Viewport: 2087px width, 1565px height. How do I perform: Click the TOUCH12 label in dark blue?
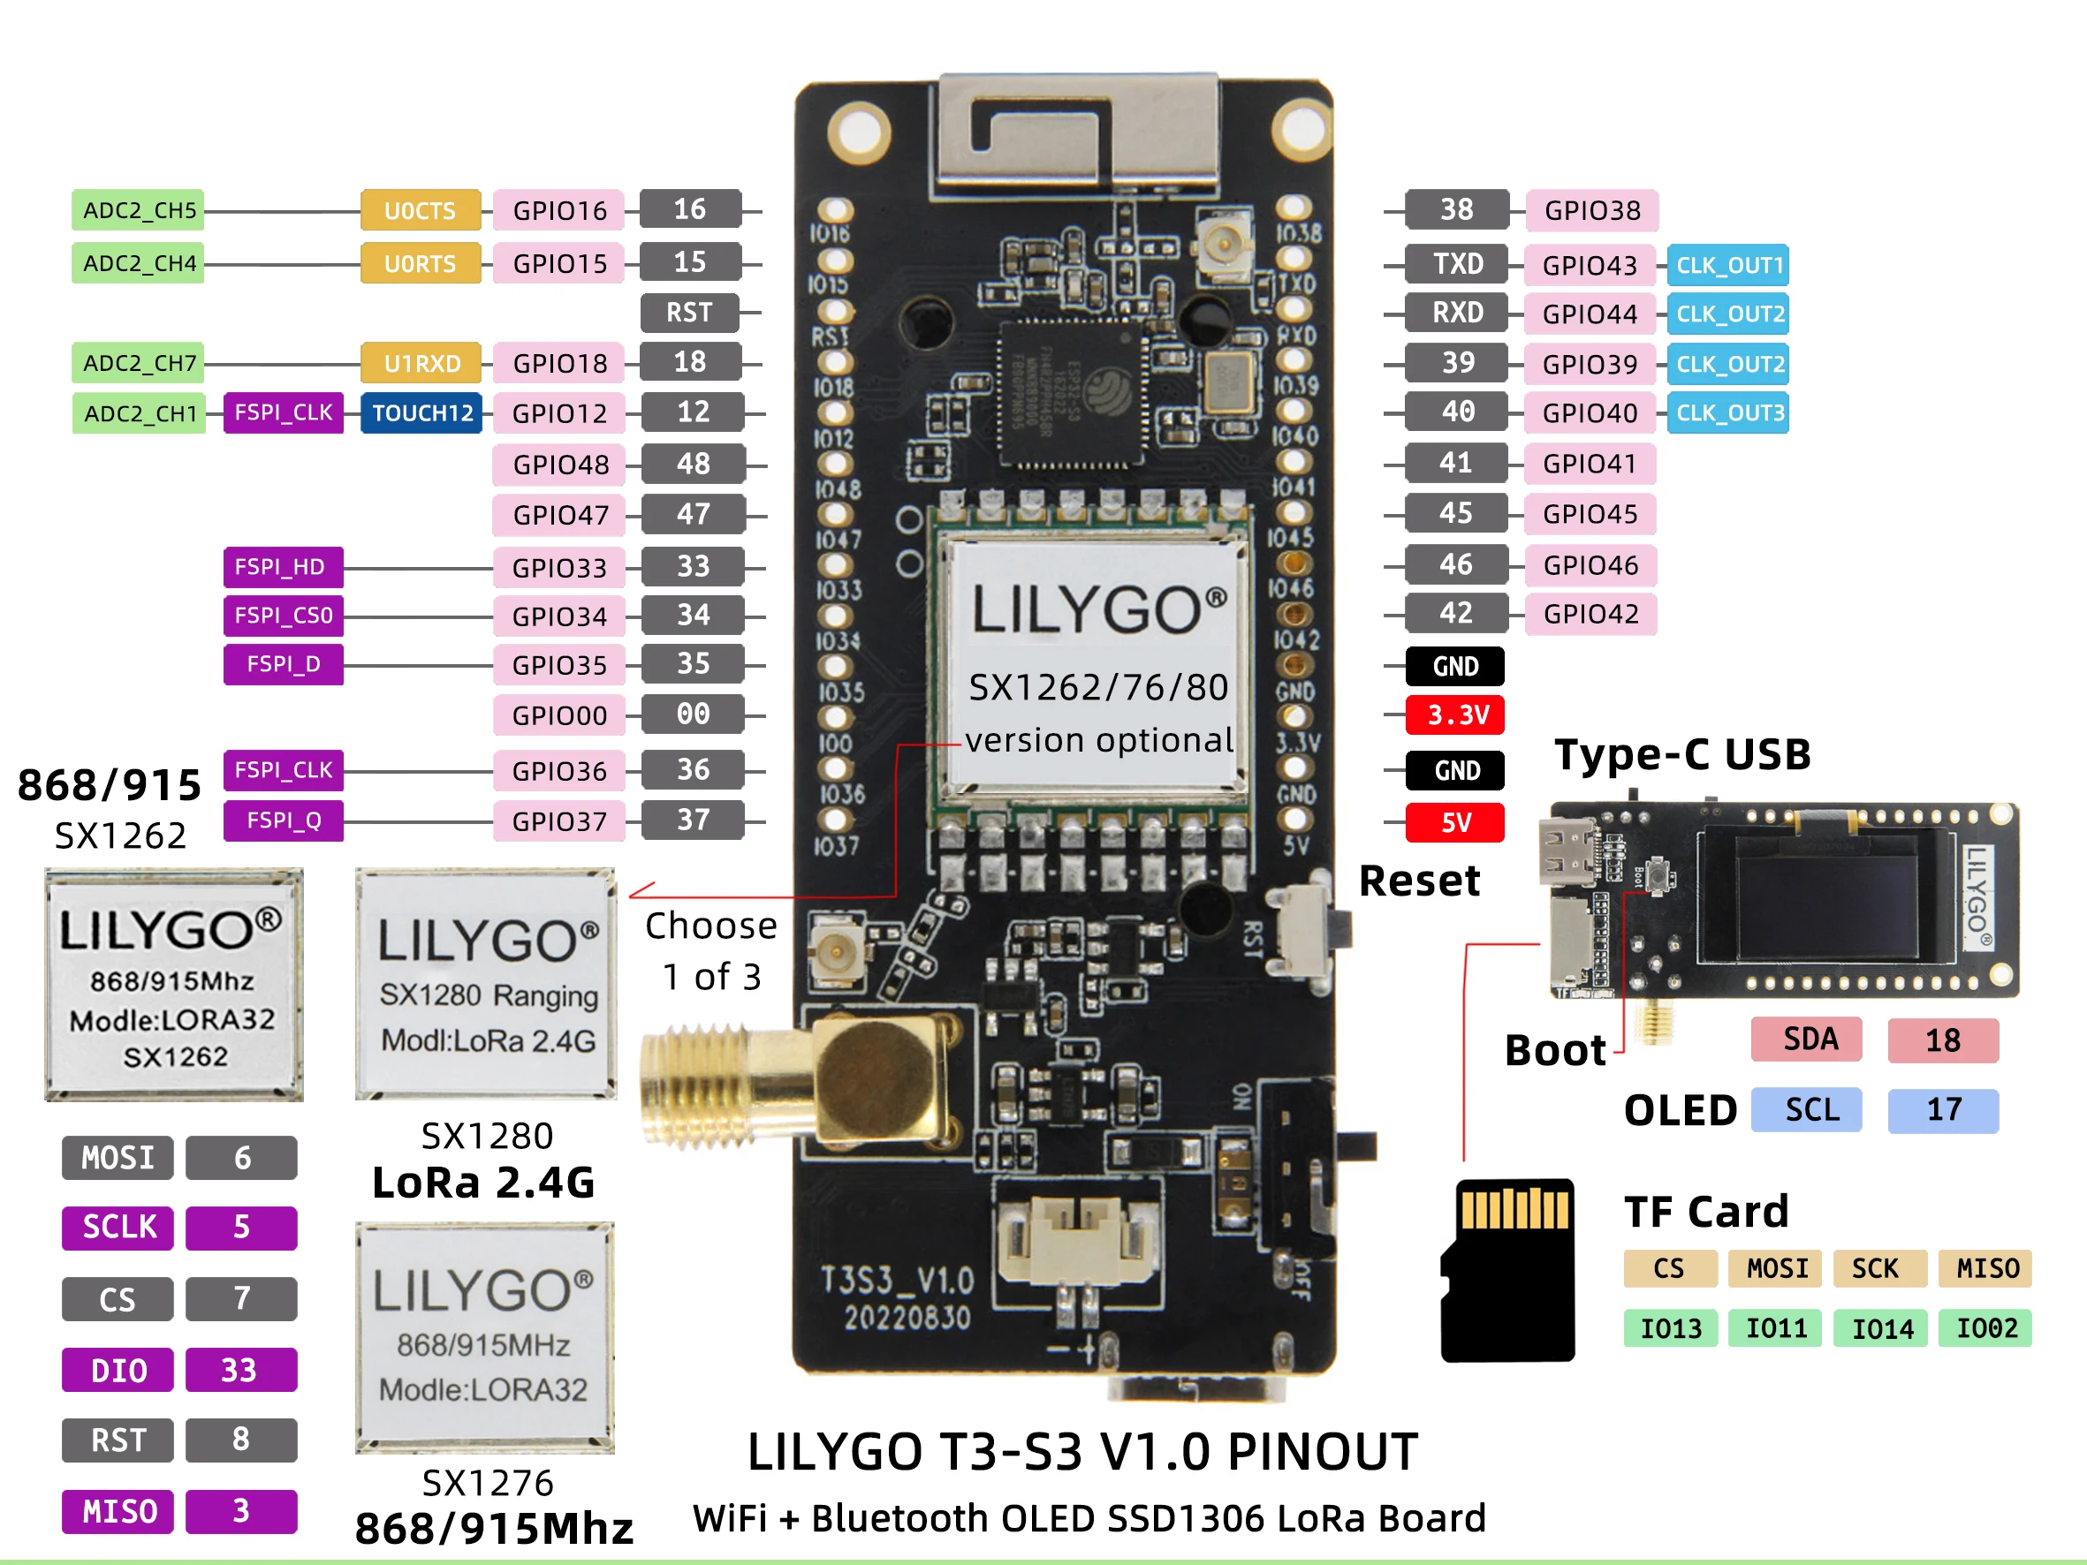pyautogui.click(x=421, y=413)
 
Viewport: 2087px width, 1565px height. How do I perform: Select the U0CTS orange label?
pyautogui.click(x=420, y=210)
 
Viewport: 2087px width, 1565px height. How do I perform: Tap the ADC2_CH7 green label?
pyautogui.click(x=139, y=363)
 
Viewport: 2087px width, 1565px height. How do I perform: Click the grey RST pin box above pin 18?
pyautogui.click(x=689, y=313)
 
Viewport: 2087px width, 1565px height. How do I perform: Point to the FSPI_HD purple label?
pyautogui.click(x=282, y=567)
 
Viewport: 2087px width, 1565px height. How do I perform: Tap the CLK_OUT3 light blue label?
pyautogui.click(x=1727, y=413)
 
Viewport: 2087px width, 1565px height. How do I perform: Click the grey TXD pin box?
pyautogui.click(x=1456, y=264)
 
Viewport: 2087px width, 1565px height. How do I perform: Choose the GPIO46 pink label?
pyautogui.click(x=1590, y=565)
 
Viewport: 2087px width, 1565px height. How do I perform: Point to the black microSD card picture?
pyautogui.click(x=1508, y=1269)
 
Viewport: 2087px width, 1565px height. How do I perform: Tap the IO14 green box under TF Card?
pyautogui.click(x=1881, y=1329)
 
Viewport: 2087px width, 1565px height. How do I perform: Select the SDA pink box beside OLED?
pyautogui.click(x=1807, y=1040)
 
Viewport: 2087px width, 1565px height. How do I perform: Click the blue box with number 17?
pyautogui.click(x=1943, y=1110)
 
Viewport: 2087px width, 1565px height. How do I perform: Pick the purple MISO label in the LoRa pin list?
pyautogui.click(x=118, y=1511)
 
